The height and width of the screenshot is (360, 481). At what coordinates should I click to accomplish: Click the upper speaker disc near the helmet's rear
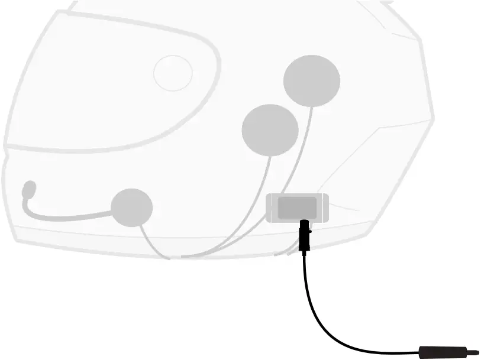coord(312,81)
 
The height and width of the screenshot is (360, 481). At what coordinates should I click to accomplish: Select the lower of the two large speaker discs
coord(270,130)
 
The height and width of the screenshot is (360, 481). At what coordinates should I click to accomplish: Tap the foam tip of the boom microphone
coord(29,189)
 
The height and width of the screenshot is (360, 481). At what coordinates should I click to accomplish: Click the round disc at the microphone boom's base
coord(131,207)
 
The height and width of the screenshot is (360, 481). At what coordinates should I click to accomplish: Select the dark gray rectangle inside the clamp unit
coord(297,207)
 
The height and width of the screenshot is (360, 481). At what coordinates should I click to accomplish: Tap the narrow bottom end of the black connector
coord(305,249)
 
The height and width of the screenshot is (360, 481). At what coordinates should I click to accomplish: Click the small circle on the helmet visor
coord(173,73)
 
